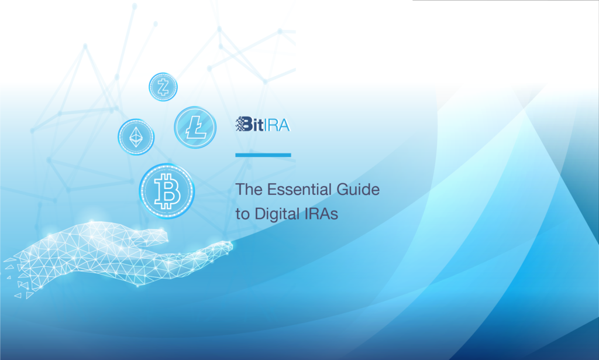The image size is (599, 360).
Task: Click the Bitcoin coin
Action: click(x=167, y=191)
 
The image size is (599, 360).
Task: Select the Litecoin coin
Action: click(x=195, y=127)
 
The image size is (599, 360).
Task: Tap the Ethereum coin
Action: click(x=136, y=136)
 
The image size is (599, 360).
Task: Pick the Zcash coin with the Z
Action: click(x=163, y=87)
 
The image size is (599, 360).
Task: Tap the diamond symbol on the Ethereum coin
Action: click(x=136, y=136)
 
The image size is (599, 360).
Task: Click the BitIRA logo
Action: click(x=263, y=124)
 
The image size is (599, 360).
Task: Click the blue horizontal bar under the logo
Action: click(x=263, y=155)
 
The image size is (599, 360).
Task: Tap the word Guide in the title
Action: click(x=357, y=190)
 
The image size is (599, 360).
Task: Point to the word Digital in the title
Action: click(x=274, y=214)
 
